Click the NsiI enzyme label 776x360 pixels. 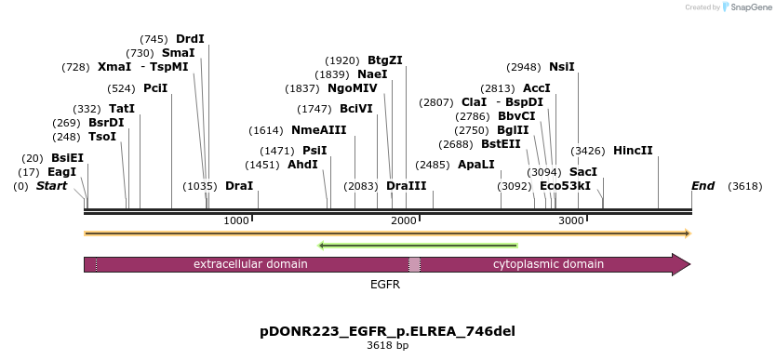tap(562, 67)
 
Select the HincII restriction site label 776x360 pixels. tap(633, 151)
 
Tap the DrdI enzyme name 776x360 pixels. tap(190, 39)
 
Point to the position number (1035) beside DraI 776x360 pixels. tap(200, 186)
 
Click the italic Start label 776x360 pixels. tap(51, 186)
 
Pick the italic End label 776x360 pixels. tap(702, 186)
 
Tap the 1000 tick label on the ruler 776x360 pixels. tap(236, 220)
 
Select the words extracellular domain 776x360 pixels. tap(250, 264)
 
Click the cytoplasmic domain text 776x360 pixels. tap(548, 264)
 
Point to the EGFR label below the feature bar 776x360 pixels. tap(385, 285)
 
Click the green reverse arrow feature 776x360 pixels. tap(418, 246)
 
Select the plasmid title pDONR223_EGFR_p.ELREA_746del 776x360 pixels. tap(387, 331)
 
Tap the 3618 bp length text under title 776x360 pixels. tap(387, 346)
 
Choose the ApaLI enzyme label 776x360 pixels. tap(476, 164)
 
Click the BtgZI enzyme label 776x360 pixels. tap(385, 60)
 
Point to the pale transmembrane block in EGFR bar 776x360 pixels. tap(414, 264)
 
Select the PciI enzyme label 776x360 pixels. tap(156, 88)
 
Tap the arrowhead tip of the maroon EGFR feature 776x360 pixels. tap(689, 264)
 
